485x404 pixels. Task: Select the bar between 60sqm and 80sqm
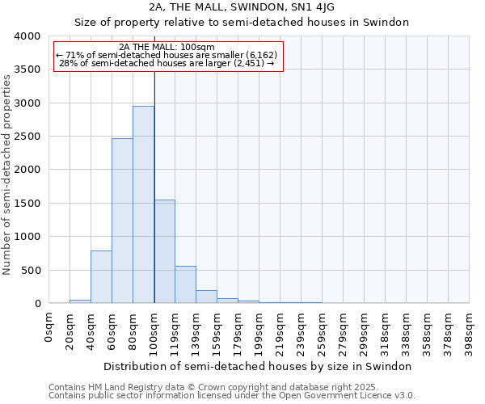pyautogui.click(x=122, y=221)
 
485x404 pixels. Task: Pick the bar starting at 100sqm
pyautogui.click(x=164, y=251)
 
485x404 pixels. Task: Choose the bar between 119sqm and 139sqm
pyautogui.click(x=185, y=284)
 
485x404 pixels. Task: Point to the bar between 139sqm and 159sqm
pyautogui.click(x=206, y=297)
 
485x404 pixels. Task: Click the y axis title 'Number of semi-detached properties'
pyautogui.click(x=8, y=174)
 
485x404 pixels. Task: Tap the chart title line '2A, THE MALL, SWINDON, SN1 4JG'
pyautogui.click(x=242, y=7)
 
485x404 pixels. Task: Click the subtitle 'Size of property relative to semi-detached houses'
pyautogui.click(x=242, y=23)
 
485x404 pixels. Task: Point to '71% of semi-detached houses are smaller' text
pyautogui.click(x=169, y=55)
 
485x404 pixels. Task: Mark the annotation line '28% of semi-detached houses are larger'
pyautogui.click(x=169, y=64)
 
